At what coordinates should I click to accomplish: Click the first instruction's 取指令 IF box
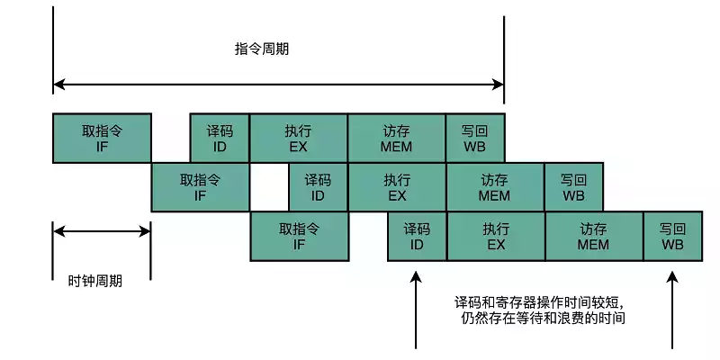[102, 138]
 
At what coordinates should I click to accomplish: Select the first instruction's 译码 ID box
[220, 138]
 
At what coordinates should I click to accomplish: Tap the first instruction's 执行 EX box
[299, 138]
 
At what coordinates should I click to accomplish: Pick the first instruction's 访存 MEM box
[396, 138]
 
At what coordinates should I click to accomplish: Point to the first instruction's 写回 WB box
[475, 138]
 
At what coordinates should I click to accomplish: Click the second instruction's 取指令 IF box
[200, 187]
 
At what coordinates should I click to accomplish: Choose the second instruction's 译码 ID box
[318, 187]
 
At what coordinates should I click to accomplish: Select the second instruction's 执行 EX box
[397, 187]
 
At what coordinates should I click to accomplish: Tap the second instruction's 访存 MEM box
[494, 187]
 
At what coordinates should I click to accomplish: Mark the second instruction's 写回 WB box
[573, 187]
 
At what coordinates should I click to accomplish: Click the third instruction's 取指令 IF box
[299, 236]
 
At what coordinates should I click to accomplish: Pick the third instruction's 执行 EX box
[495, 236]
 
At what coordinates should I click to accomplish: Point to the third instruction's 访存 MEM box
[593, 236]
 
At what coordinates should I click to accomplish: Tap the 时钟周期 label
[95, 280]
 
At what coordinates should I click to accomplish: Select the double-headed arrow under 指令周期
[278, 85]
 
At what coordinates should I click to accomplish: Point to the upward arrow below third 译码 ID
[416, 310]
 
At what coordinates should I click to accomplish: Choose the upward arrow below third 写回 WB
[672, 310]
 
